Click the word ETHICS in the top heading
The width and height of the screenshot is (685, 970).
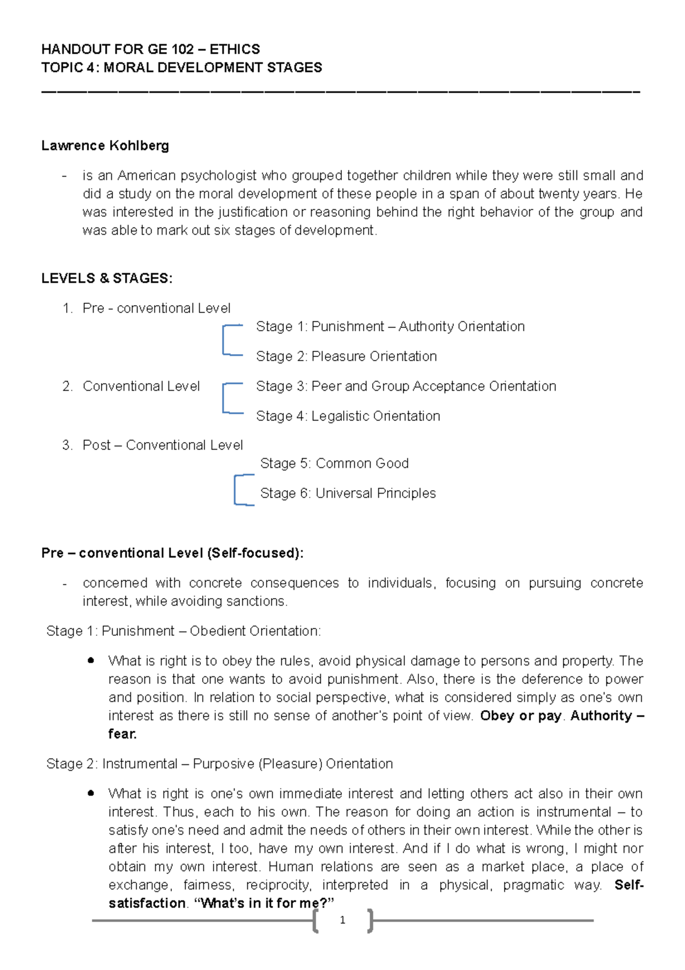235,49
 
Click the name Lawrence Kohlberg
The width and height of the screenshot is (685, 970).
105,146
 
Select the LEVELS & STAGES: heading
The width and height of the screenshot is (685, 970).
107,279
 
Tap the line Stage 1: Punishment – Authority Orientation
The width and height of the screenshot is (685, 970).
390,327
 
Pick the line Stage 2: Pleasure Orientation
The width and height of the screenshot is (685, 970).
346,356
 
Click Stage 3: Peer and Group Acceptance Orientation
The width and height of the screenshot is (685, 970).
406,386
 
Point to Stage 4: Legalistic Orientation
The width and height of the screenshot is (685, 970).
348,416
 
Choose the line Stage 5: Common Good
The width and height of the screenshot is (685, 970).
334,463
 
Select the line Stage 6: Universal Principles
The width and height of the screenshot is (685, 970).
348,493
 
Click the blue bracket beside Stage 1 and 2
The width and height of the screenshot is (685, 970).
225,340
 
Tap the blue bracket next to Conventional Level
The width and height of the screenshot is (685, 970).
225,398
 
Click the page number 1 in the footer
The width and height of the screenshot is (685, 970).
342,920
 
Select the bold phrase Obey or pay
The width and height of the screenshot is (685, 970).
521,716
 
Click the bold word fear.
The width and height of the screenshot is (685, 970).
122,734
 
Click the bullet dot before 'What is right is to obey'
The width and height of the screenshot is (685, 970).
91,660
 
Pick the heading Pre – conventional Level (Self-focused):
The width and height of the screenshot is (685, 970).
172,553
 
